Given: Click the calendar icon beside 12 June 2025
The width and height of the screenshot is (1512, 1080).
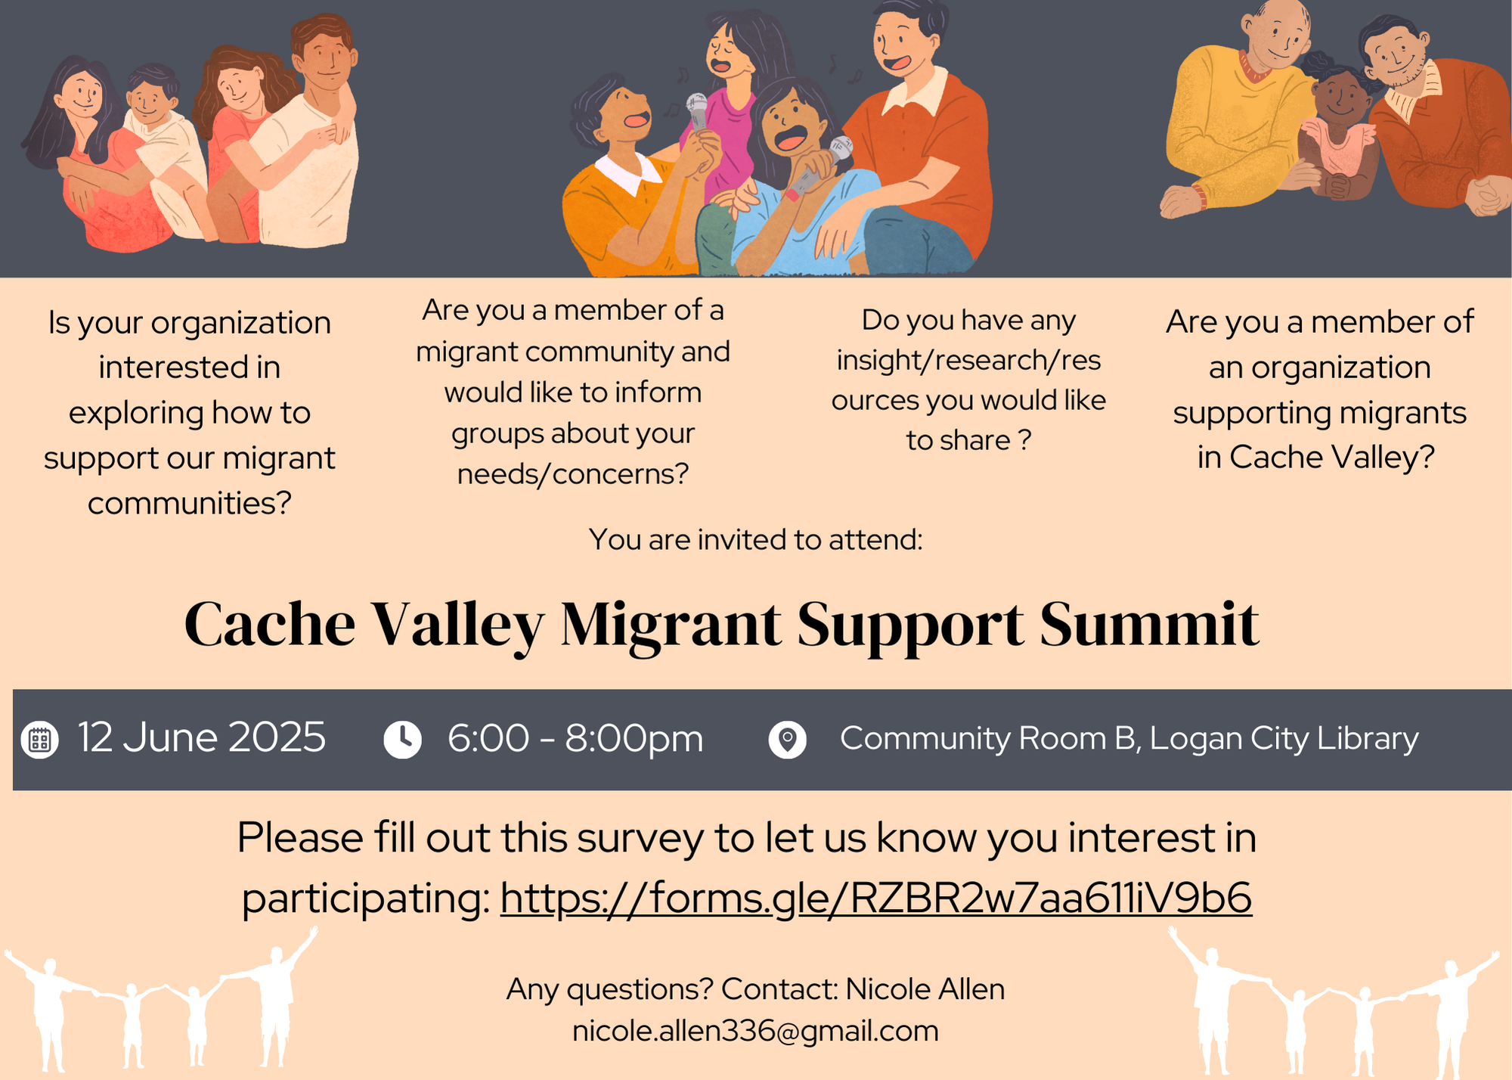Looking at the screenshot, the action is [40, 740].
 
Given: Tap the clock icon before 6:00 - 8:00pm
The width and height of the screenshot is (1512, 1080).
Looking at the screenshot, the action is [402, 740].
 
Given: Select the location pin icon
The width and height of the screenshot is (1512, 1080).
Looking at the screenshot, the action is [787, 740].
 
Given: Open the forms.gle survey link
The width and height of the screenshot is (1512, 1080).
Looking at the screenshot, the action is [876, 898].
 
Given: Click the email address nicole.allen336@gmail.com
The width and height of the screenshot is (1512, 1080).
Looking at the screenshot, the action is [755, 1031].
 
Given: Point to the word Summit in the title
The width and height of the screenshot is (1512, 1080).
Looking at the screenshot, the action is [1149, 625].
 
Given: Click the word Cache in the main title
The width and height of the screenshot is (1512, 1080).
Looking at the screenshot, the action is [269, 625].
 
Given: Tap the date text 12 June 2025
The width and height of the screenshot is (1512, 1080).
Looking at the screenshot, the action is [202, 738].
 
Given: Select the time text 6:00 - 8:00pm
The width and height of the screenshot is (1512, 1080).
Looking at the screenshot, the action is [575, 739].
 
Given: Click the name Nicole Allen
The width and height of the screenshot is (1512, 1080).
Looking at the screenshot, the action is [925, 988].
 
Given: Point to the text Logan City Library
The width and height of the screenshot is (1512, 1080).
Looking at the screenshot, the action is [1284, 739].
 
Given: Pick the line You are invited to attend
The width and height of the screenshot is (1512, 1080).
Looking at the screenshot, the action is [756, 539].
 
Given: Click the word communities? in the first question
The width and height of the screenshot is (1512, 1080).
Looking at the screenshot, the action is [189, 503].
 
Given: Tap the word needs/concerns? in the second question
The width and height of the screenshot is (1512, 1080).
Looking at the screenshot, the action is [573, 474].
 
